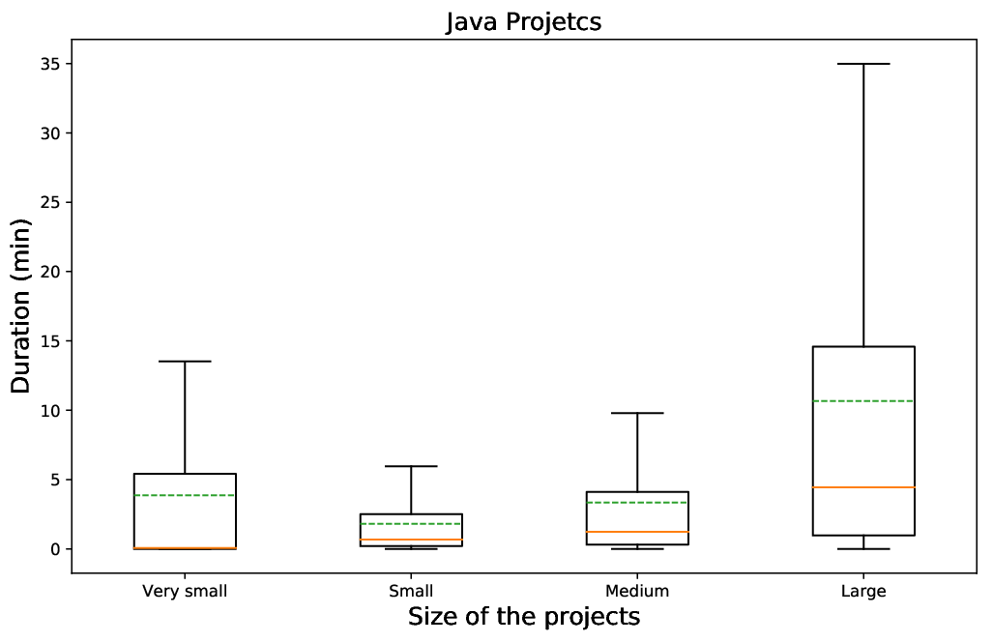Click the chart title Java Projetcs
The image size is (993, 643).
point(523,22)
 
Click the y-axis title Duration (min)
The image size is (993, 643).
point(21,306)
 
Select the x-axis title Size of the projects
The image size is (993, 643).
point(524,616)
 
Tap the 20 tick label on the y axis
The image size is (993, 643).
point(51,272)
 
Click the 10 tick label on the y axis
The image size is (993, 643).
point(51,411)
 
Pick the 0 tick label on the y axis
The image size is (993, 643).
point(56,549)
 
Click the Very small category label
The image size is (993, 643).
point(185,591)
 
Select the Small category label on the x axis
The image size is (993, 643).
point(411,591)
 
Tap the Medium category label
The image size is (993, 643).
point(637,591)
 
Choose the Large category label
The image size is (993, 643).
point(863,592)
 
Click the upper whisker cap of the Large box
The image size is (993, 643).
point(863,64)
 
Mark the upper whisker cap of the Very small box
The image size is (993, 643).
point(185,361)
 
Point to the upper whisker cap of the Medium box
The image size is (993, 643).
point(638,413)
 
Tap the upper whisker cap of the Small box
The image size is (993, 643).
point(411,466)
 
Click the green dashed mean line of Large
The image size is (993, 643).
point(863,401)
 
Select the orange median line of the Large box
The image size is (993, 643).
point(863,487)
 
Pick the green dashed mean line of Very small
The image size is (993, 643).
point(185,495)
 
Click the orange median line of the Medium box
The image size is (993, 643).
point(638,532)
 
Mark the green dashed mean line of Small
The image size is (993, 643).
point(411,524)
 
